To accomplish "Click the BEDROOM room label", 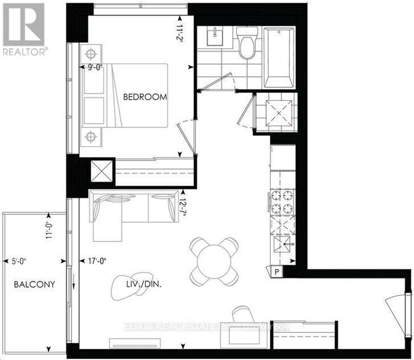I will pos(145,97).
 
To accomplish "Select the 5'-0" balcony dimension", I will pos(22,260).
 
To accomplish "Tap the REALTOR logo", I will pos(24,29).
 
